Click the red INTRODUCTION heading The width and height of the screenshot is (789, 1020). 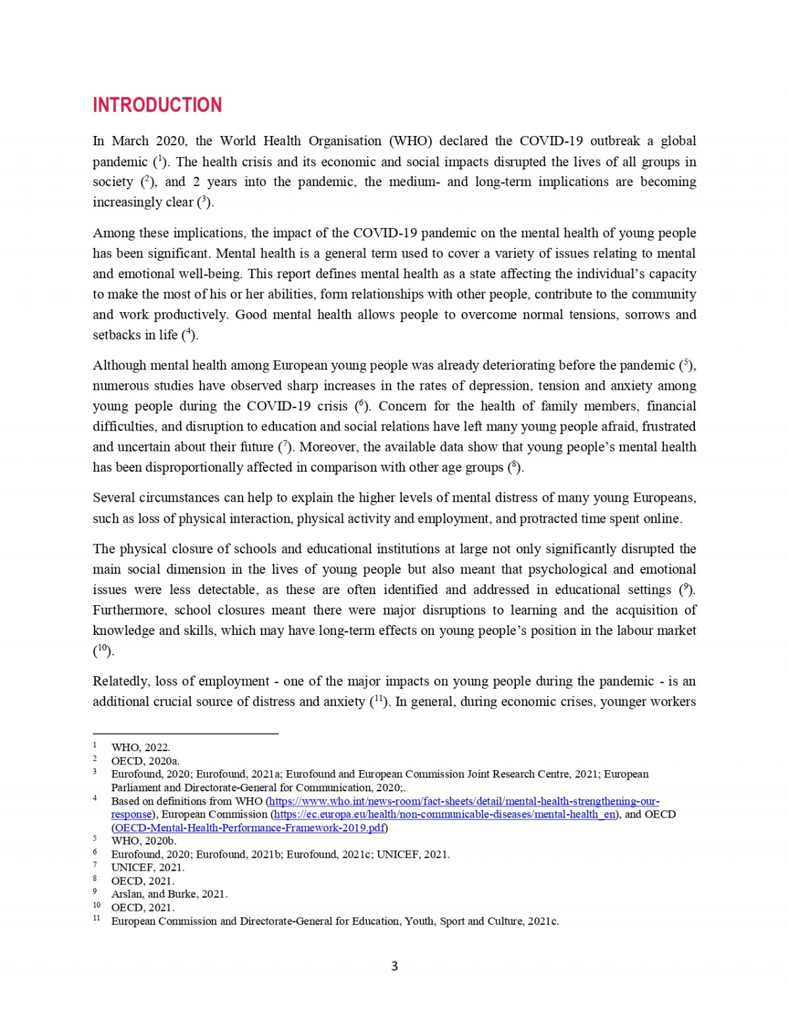point(157,105)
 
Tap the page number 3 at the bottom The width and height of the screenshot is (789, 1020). point(394,966)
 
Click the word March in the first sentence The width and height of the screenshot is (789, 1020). point(130,141)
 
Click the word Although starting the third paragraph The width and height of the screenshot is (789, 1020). point(119,365)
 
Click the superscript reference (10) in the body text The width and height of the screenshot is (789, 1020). point(103,651)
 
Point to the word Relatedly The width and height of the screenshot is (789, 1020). point(120,681)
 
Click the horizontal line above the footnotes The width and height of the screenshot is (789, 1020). point(185,733)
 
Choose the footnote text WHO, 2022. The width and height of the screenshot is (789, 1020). point(141,747)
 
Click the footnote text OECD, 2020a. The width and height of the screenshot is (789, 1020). point(145,761)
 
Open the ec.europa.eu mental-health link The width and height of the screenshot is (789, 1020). point(444,814)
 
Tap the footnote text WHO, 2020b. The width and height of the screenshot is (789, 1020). point(144,841)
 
